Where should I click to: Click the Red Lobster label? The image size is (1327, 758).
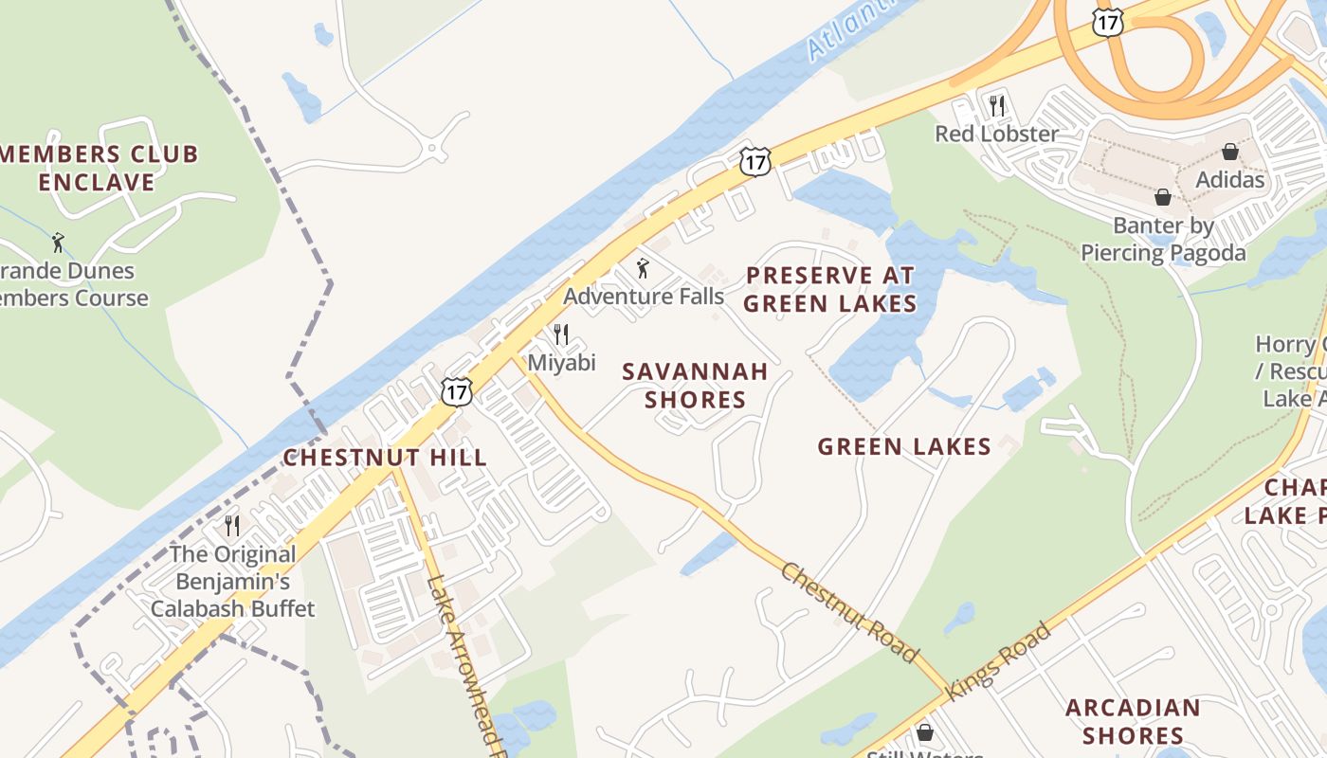pos(996,134)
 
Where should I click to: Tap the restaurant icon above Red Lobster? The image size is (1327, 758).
pos(996,105)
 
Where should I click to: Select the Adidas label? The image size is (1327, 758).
pos(1229,180)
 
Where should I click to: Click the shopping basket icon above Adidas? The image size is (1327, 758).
pos(1229,152)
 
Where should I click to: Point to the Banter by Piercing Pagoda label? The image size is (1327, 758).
pos(1163,240)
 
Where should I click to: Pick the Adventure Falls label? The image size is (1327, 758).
pos(644,297)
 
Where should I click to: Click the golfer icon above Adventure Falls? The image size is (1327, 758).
pos(644,268)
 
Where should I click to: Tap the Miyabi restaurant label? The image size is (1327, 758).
pos(561,363)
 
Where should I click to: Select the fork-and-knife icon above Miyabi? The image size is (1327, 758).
pos(561,334)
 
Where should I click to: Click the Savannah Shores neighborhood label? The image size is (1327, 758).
pos(695,386)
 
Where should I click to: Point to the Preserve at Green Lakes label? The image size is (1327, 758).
pos(829,289)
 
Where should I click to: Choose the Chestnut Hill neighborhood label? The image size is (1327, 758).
pos(385,458)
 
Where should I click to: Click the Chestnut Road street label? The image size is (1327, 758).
pos(849,612)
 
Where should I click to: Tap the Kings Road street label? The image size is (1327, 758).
pos(999,660)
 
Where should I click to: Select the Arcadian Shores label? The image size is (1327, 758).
pos(1133,721)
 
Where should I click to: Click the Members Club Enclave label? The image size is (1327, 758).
pos(99,168)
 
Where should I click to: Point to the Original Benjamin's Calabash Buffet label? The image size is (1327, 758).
pos(232,581)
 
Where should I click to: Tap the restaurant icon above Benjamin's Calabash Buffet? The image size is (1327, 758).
pos(232,525)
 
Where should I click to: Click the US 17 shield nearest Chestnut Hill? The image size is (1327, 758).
pos(456,390)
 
